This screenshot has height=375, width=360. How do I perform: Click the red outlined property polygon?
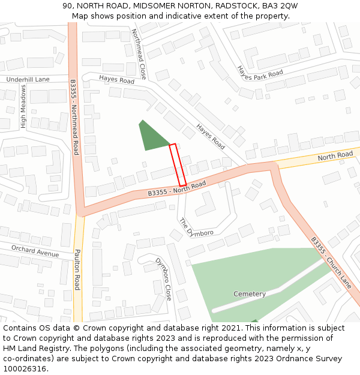[x=178, y=165]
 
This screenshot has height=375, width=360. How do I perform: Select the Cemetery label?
[x=249, y=294]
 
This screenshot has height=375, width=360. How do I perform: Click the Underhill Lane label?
[x=28, y=79]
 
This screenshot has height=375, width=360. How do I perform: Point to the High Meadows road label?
[x=23, y=106]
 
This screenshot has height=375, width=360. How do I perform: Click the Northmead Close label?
[x=139, y=54]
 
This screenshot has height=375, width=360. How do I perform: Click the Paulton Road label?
[x=77, y=270]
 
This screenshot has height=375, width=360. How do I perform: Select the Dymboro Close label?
[x=163, y=279]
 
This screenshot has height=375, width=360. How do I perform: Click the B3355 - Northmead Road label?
[x=74, y=118]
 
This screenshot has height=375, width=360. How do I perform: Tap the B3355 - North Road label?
[x=176, y=188]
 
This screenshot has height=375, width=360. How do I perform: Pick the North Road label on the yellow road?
[x=335, y=155]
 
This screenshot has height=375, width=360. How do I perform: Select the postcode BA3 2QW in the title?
[x=280, y=5]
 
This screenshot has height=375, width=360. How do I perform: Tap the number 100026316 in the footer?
[x=25, y=368]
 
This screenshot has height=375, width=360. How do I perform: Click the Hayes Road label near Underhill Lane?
[x=116, y=80]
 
